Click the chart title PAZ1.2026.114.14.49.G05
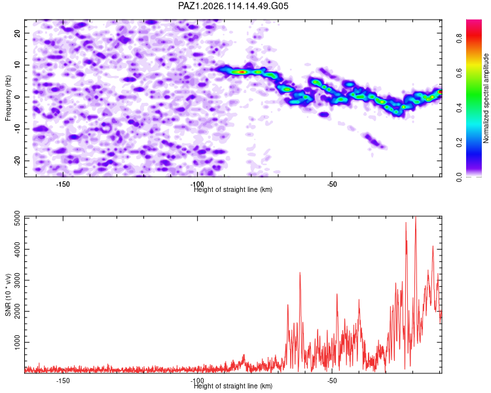[x=233, y=6]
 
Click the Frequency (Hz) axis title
[x=8, y=98]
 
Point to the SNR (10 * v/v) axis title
[x=8, y=295]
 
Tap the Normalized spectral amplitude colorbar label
[x=486, y=98]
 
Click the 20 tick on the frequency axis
[x=17, y=33]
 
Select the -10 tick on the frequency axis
[x=17, y=129]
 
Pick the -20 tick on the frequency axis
[x=17, y=160]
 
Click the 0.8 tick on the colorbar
[x=459, y=39]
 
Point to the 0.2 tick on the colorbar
[x=459, y=142]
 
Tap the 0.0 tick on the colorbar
[x=459, y=177]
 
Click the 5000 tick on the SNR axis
[x=17, y=218]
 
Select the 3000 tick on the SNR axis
[x=17, y=280]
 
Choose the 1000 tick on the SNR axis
[x=17, y=342]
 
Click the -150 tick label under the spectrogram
[x=63, y=184]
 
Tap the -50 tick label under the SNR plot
[x=332, y=381]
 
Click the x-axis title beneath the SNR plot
[x=233, y=386]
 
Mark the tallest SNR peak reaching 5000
[x=416, y=217]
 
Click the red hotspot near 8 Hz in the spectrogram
[x=242, y=72]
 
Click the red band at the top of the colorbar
[x=474, y=35]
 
